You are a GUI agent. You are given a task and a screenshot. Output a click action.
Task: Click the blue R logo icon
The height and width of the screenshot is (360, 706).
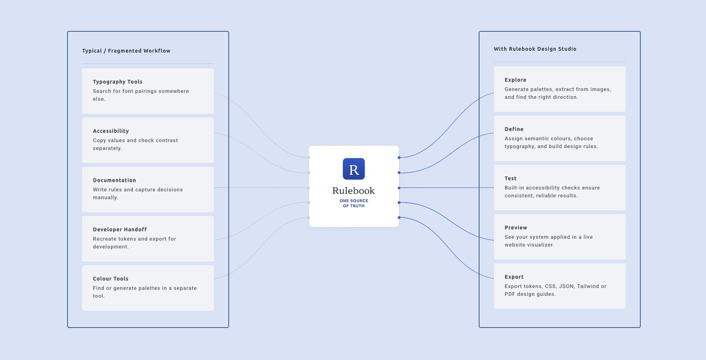tap(354, 169)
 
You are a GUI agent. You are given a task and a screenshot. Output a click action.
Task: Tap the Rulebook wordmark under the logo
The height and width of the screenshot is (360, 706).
tap(353, 191)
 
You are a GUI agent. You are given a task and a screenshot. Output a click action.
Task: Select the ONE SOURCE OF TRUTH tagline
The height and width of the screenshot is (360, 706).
tap(354, 203)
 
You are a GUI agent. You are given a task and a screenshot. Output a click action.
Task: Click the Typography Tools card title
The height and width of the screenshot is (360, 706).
tap(118, 82)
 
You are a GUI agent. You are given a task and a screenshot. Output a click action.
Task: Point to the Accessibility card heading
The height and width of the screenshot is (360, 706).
tap(111, 131)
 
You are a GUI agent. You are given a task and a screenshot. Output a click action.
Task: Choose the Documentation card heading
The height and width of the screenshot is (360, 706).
tap(114, 180)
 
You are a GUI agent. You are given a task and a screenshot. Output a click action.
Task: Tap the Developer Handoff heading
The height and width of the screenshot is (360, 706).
tap(120, 229)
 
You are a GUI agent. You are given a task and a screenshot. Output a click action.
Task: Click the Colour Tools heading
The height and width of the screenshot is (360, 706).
tap(110, 279)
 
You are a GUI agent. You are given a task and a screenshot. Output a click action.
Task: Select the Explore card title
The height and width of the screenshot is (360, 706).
tap(515, 80)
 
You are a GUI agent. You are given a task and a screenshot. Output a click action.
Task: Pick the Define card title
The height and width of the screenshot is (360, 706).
tap(514, 129)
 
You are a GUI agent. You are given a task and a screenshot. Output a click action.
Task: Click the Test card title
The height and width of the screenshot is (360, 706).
tap(510, 178)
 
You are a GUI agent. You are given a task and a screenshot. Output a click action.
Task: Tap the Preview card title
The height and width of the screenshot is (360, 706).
tap(516, 228)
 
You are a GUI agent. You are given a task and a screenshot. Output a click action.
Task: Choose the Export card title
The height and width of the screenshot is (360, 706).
tap(514, 277)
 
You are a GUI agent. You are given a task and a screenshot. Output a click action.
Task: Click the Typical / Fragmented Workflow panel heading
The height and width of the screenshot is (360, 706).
tap(126, 51)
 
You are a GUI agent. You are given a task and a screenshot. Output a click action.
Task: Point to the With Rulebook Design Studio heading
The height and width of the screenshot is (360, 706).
tap(535, 49)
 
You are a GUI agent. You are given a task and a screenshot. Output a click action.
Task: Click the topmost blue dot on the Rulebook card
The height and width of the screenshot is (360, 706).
tap(399, 157)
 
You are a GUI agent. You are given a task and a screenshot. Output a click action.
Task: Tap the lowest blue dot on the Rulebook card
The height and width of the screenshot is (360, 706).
tap(399, 217)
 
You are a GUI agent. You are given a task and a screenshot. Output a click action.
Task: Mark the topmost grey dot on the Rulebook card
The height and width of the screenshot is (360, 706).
tap(309, 157)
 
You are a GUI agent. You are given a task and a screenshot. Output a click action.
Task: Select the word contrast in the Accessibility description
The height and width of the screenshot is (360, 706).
tap(166, 140)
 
